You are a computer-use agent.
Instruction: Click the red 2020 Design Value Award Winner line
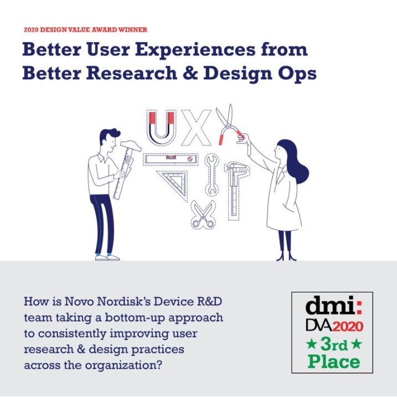pos(86,30)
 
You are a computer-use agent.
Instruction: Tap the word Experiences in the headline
pos(195,50)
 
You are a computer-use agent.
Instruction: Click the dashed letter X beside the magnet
pos(196,128)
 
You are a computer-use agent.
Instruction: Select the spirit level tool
pos(171,159)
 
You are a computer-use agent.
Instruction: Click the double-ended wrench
pos(212,175)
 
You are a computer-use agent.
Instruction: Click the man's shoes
pos(107,257)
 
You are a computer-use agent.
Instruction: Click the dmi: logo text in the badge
pos(333,306)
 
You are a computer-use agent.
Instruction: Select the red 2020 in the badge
pos(348,326)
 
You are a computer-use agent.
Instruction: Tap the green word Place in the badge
pos(334,362)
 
